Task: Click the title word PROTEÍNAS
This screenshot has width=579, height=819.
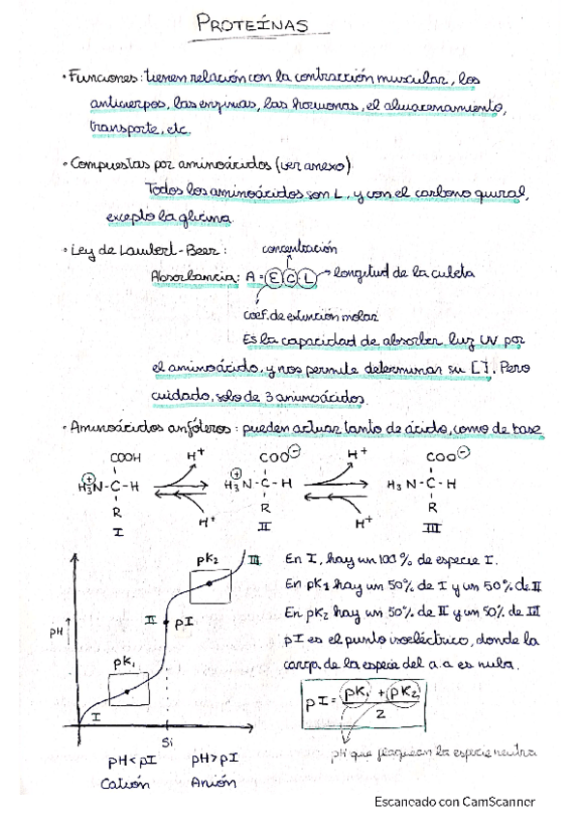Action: (x=251, y=25)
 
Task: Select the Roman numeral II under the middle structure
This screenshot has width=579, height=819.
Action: (x=265, y=530)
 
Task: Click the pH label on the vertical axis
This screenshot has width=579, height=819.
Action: (x=54, y=633)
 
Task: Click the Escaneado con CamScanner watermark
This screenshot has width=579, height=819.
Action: (x=454, y=801)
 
